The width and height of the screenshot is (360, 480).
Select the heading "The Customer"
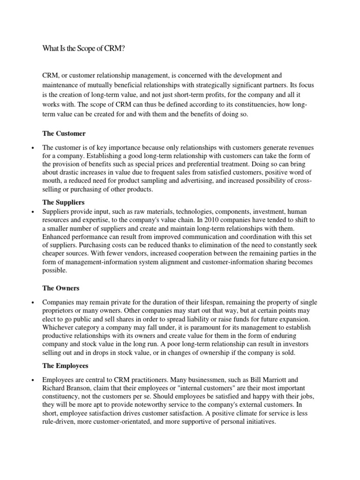pyautogui.click(x=64, y=134)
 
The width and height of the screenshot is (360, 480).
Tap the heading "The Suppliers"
pyautogui.click(x=64, y=202)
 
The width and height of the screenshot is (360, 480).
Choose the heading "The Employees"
pyautogui.click(x=66, y=365)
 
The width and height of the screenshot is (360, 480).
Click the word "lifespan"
pyautogui.click(x=192, y=302)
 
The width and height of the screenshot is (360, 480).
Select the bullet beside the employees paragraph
pyautogui.click(x=32, y=380)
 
